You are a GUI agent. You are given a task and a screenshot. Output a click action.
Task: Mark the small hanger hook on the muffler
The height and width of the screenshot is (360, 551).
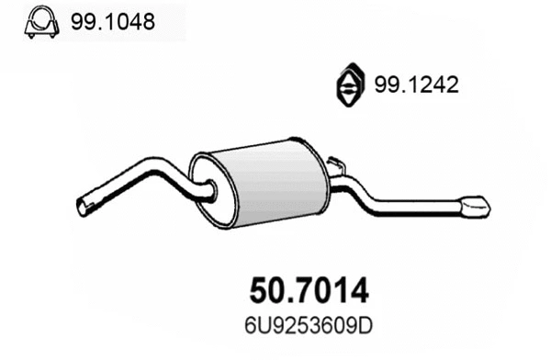(x=336, y=166)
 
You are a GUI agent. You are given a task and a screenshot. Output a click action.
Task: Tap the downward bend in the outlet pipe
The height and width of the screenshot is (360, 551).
(x=363, y=194)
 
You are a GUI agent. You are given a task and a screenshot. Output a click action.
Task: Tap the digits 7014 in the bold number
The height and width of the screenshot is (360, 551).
(x=331, y=291)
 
